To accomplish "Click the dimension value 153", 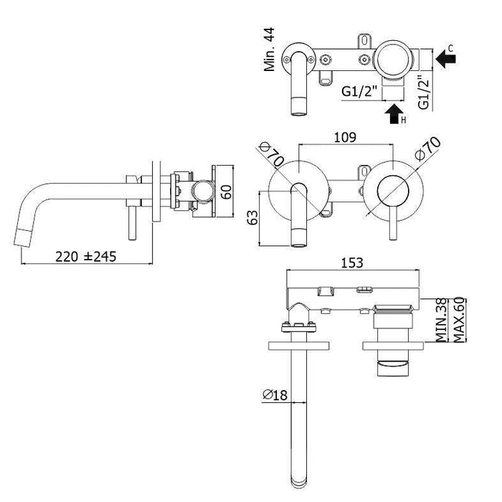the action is pyautogui.click(x=352, y=263).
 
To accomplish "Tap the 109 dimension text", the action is pyautogui.click(x=345, y=138).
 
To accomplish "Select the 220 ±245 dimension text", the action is pyautogui.click(x=86, y=257).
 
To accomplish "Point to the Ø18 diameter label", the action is pyautogui.click(x=275, y=394).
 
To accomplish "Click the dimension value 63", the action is pyautogui.click(x=252, y=218).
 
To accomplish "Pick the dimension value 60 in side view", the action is pyautogui.click(x=227, y=191).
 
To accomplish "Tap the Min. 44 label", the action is pyautogui.click(x=269, y=49).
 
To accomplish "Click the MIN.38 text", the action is pyautogui.click(x=441, y=320).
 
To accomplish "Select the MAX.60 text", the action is pyautogui.click(x=459, y=320).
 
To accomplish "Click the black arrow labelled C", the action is pyautogui.click(x=445, y=59).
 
